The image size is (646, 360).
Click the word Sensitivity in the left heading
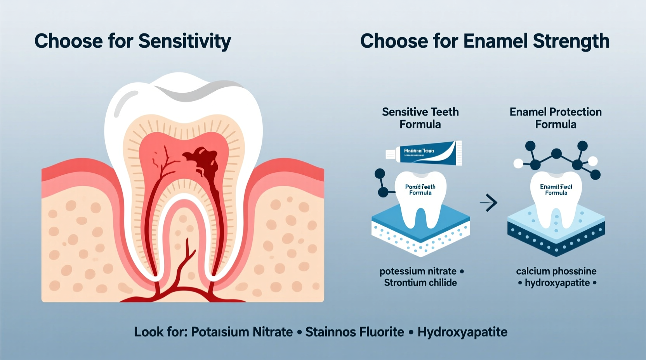tap(184, 41)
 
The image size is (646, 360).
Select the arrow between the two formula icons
tap(488, 202)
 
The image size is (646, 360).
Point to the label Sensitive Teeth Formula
tap(420, 118)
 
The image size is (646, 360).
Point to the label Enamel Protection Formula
tap(556, 118)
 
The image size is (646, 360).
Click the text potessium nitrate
tap(418, 271)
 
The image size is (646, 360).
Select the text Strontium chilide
tap(420, 283)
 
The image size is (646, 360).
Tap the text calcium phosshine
tap(556, 271)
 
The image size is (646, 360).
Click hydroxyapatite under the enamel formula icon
tap(557, 283)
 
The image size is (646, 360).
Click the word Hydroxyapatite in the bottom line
tap(462, 332)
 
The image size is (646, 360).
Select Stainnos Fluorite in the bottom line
tap(354, 332)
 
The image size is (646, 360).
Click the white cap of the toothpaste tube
tap(390, 154)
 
